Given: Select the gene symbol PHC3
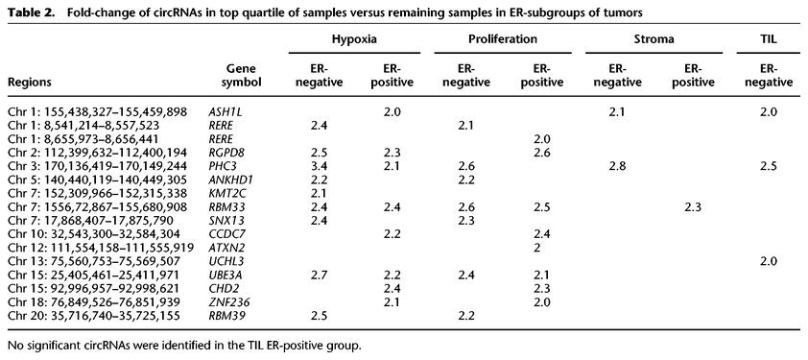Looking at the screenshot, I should [x=223, y=165].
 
